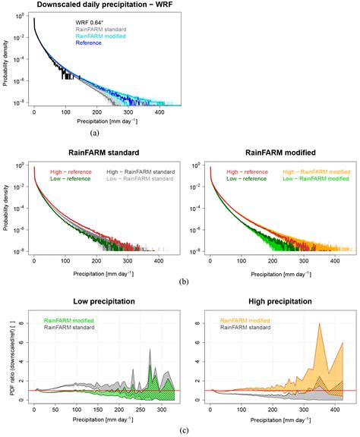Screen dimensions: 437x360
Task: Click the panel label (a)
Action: tap(94, 131)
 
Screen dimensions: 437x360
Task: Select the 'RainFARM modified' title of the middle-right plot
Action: tap(262, 150)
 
